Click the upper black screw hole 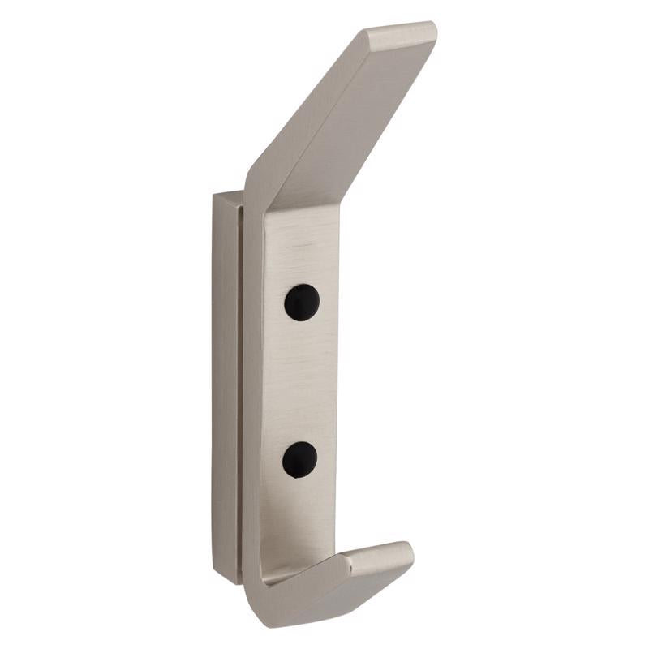(x=302, y=303)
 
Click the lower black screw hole (x=299, y=459)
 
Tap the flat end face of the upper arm (x=400, y=35)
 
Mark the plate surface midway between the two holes (x=300, y=381)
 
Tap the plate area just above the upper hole (x=302, y=260)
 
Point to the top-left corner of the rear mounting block (x=214, y=195)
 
